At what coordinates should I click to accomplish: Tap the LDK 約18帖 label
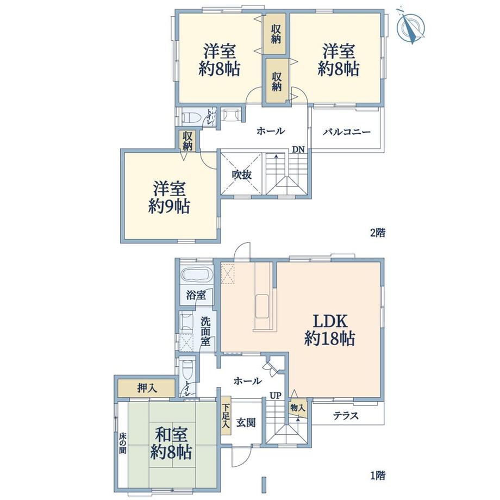pyautogui.click(x=330, y=330)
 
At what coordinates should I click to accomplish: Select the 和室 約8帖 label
pyautogui.click(x=171, y=443)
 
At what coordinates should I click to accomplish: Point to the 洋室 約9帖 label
pyautogui.click(x=170, y=198)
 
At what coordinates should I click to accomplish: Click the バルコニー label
pyautogui.click(x=347, y=132)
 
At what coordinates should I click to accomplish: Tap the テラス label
pyautogui.click(x=346, y=416)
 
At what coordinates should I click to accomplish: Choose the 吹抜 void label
pyautogui.click(x=242, y=174)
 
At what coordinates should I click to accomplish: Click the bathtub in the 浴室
pyautogui.click(x=197, y=274)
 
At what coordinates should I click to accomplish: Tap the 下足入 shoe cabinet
pyautogui.click(x=226, y=416)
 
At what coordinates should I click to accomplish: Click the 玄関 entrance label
pyautogui.click(x=246, y=423)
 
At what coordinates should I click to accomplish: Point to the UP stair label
pyautogui.click(x=276, y=396)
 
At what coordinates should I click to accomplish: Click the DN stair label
pyautogui.click(x=298, y=149)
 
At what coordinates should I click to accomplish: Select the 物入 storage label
pyautogui.click(x=298, y=408)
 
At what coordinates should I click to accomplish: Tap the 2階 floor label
pyautogui.click(x=378, y=233)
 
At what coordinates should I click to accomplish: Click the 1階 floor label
pyautogui.click(x=378, y=476)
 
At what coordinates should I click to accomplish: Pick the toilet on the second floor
pyautogui.click(x=192, y=117)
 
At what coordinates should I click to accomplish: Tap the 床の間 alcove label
pyautogui.click(x=122, y=443)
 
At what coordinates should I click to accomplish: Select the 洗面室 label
pyautogui.click(x=205, y=332)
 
